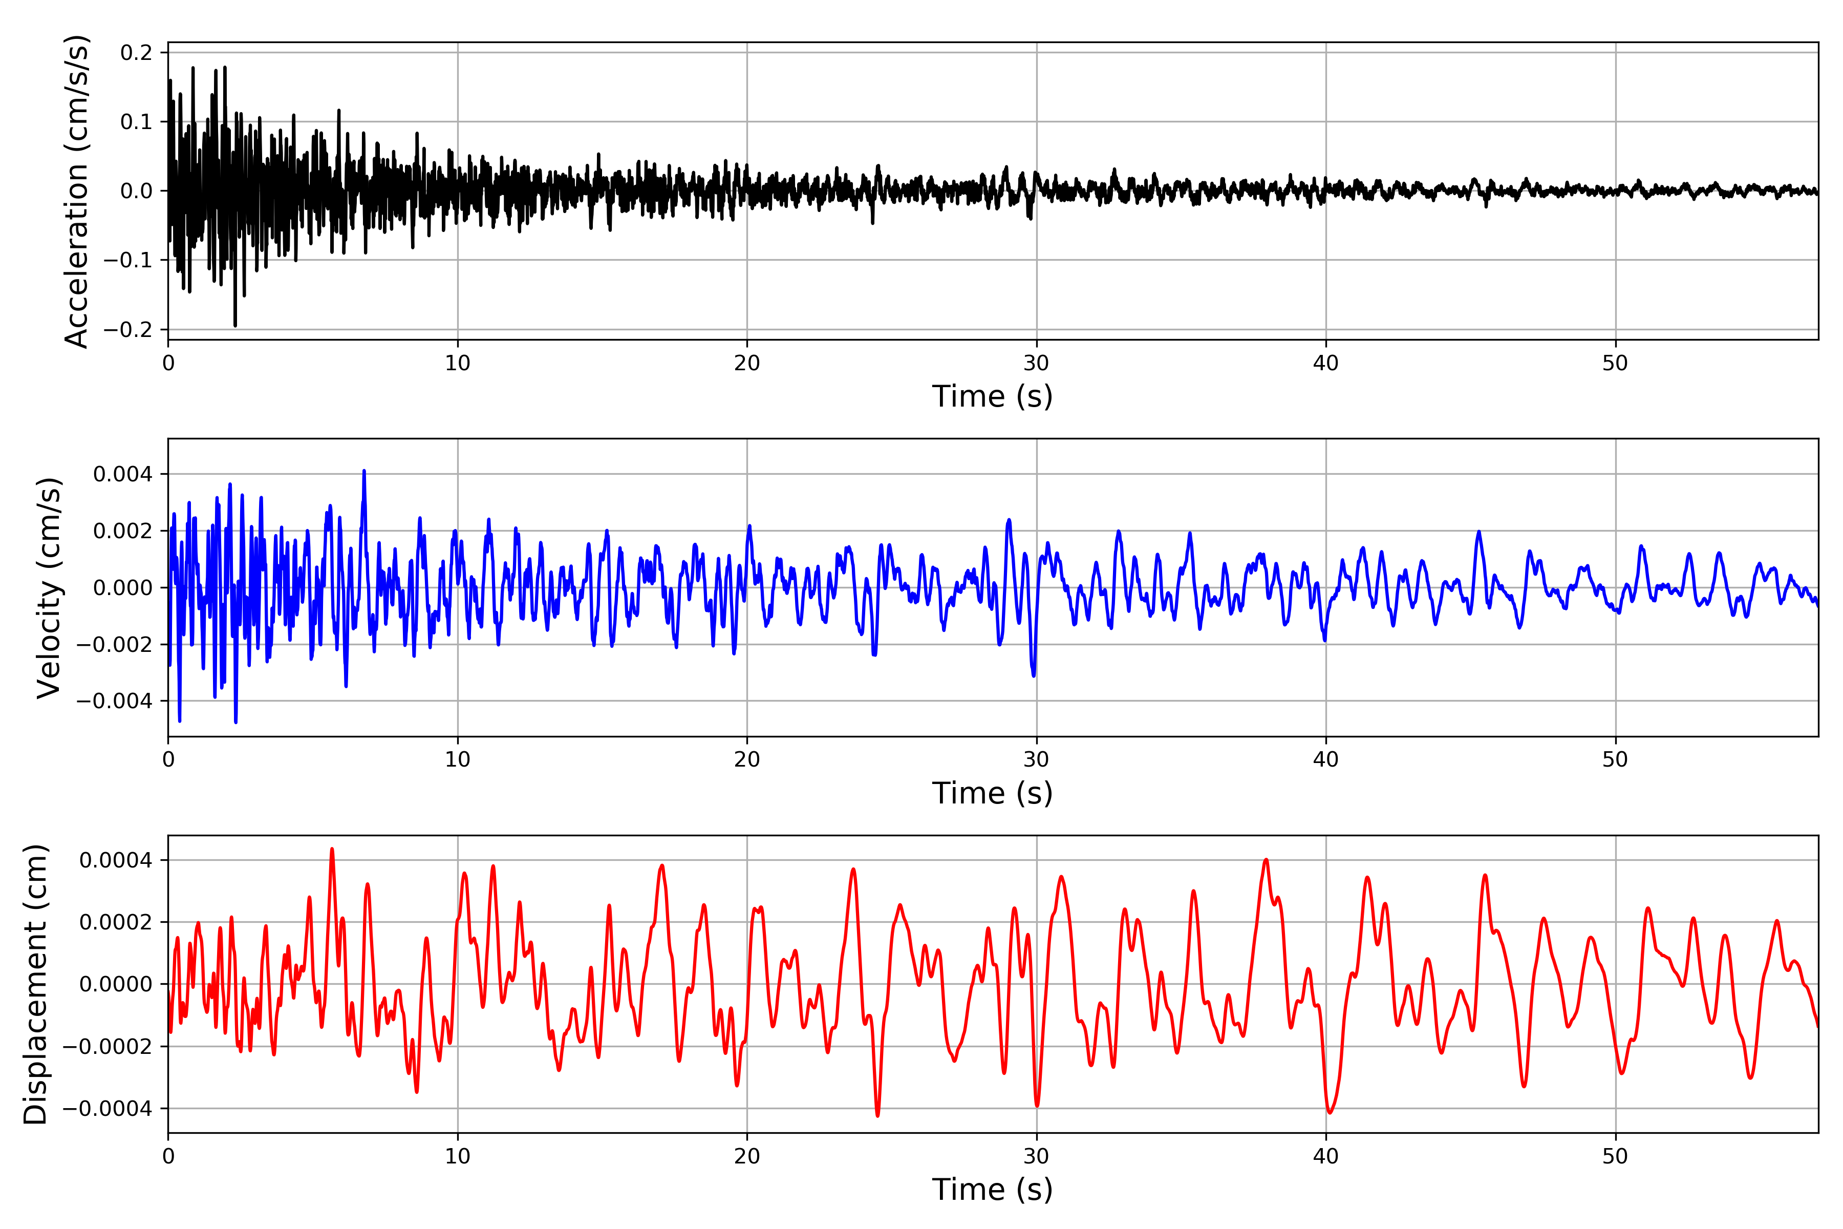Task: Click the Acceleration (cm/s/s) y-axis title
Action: point(77,191)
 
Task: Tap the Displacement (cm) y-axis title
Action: point(36,984)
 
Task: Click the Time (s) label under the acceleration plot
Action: point(992,396)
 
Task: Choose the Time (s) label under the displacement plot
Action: point(992,1190)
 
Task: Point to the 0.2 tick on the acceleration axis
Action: point(136,53)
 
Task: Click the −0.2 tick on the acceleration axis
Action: point(127,330)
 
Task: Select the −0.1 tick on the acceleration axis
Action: point(127,260)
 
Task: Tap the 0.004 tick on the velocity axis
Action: point(123,474)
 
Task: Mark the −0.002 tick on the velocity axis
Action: point(114,644)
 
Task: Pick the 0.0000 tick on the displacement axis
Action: point(116,984)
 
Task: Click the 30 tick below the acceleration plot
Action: point(1036,364)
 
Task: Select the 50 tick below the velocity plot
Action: point(1615,759)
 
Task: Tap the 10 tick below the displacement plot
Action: point(458,1156)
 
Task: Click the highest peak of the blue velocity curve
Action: point(363,471)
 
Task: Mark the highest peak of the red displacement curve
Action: point(332,849)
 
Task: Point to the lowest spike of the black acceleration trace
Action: point(235,325)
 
